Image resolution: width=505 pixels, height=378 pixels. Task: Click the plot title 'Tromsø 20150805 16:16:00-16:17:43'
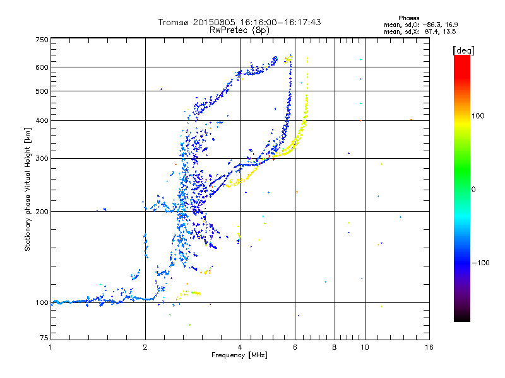pyautogui.click(x=239, y=22)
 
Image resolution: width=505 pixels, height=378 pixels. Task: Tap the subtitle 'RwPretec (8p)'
pyautogui.click(x=239, y=30)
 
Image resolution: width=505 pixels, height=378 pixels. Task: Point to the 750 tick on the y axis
pyautogui.click(x=42, y=40)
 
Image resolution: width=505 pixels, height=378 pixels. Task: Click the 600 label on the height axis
pyautogui.click(x=42, y=67)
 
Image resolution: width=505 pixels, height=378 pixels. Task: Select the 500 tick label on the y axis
pyautogui.click(x=42, y=91)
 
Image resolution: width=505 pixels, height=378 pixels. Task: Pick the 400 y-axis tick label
pyautogui.click(x=42, y=120)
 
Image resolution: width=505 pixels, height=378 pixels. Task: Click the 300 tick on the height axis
pyautogui.click(x=42, y=158)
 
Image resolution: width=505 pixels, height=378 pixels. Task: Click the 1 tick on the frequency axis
pyautogui.click(x=50, y=347)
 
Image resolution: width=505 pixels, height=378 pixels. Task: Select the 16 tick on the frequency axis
pyautogui.click(x=428, y=347)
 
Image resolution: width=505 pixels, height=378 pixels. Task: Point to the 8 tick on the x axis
pyautogui.click(x=335, y=347)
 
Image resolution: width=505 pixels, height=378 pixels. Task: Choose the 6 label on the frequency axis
pyautogui.click(x=295, y=347)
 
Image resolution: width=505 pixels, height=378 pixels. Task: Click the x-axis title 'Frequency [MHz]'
pyautogui.click(x=239, y=356)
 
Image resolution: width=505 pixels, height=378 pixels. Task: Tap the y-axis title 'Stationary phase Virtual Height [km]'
pyautogui.click(x=28, y=189)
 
